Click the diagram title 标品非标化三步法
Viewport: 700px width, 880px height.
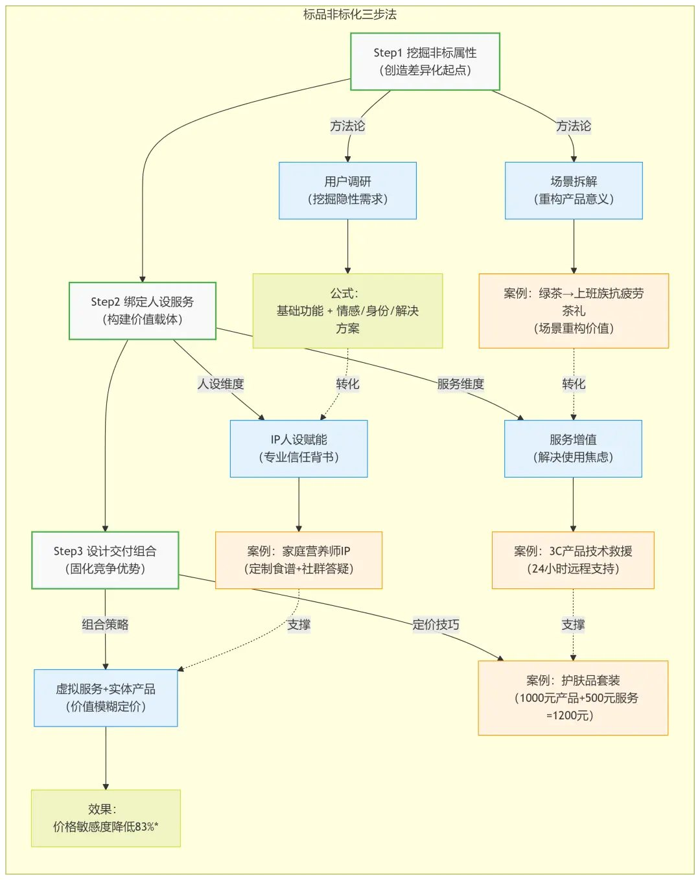click(350, 14)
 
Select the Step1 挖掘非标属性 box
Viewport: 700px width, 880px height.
click(425, 62)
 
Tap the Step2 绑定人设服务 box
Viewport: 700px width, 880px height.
click(143, 311)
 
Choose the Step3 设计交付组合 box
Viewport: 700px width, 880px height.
click(105, 561)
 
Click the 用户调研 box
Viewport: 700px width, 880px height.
click(347, 191)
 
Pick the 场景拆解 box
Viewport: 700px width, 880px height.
click(574, 191)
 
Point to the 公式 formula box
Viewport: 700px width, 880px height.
click(347, 311)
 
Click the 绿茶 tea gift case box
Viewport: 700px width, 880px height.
click(574, 311)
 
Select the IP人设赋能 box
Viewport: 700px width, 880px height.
click(299, 448)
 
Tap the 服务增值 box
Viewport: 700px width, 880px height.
click(573, 448)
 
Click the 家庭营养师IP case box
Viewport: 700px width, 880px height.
click(299, 561)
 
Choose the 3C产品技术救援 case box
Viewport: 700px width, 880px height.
click(573, 561)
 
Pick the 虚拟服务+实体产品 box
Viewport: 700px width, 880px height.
click(106, 698)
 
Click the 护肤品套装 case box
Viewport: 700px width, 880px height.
click(573, 698)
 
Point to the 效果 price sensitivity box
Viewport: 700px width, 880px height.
click(106, 818)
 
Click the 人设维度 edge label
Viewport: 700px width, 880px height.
click(221, 384)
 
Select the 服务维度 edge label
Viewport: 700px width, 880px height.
click(461, 384)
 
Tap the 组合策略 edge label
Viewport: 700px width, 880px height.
click(105, 625)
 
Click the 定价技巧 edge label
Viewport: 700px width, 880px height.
click(436, 625)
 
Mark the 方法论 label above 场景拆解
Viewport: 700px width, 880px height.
click(574, 126)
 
